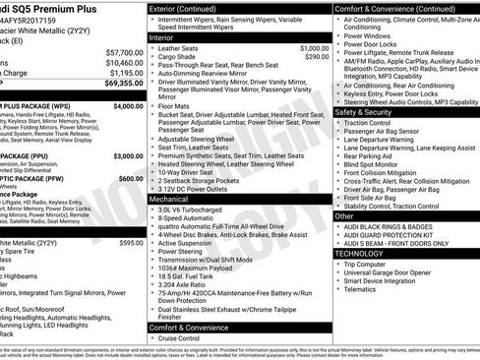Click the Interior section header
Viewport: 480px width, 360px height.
coord(164,37)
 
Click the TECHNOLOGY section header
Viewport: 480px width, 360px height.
coord(359,253)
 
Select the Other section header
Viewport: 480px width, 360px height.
coord(344,215)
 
